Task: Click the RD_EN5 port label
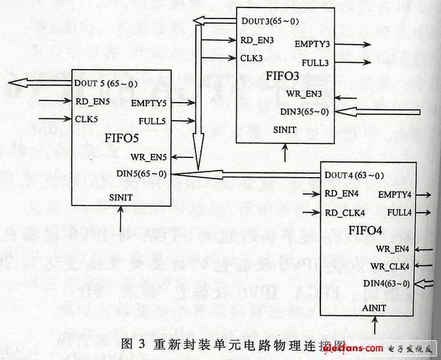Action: [x=92, y=101]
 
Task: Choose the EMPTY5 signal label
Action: [x=149, y=103]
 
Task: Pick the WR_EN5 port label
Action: [x=149, y=156]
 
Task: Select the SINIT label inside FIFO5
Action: [x=121, y=197]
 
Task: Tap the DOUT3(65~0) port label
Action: [x=270, y=22]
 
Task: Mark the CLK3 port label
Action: [x=252, y=58]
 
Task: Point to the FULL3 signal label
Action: [x=315, y=62]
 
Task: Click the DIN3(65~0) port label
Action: [x=303, y=111]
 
